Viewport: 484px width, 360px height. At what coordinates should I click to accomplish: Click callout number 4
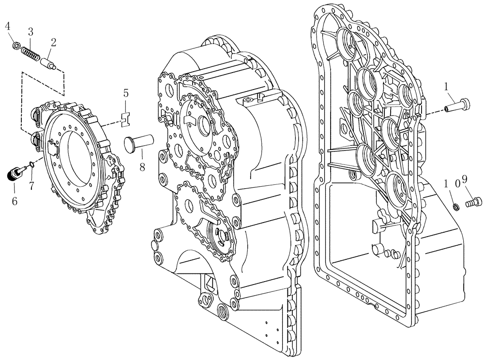(8, 26)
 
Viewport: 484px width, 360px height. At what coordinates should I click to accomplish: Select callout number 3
(30, 32)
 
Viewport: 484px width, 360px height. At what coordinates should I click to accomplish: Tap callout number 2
(53, 42)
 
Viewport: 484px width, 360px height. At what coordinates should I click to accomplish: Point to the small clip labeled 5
(125, 117)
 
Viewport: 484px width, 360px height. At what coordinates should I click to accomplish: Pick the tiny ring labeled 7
(32, 165)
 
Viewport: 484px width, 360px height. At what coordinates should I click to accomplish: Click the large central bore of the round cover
(74, 162)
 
